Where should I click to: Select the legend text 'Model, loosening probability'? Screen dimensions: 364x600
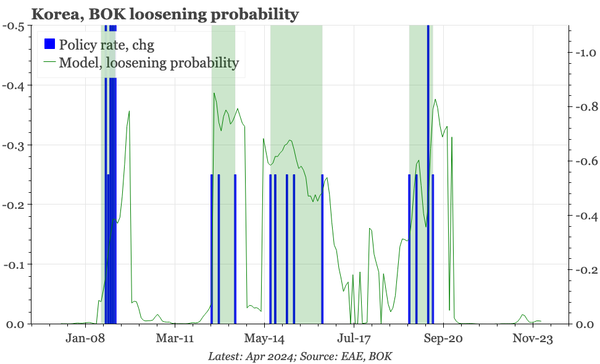click(x=149, y=63)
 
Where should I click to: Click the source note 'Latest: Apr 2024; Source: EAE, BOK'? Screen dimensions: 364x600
click(x=299, y=356)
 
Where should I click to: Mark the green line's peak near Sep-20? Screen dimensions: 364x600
click(x=433, y=98)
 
